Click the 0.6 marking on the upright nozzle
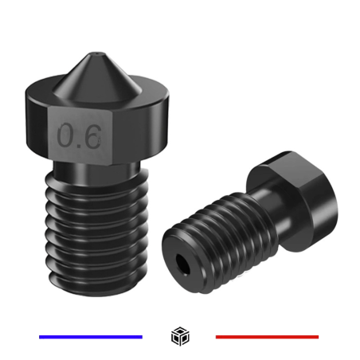[x=79, y=136]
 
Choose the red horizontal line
[x=267, y=337]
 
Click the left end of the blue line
[x=41, y=337]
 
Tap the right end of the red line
[x=317, y=337]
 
